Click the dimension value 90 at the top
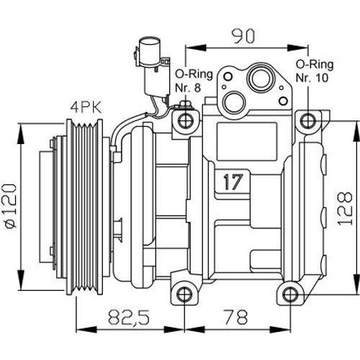[243, 37]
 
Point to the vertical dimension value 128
[346, 208]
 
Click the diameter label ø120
[11, 206]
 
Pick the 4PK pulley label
[86, 108]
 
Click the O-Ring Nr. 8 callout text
[194, 81]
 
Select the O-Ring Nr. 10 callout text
[315, 71]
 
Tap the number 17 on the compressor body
[233, 182]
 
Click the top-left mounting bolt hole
[186, 120]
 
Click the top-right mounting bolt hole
[308, 120]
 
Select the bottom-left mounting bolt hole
[185, 294]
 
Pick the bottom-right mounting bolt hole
[290, 294]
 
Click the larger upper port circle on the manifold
[261, 78]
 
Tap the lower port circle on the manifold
[234, 102]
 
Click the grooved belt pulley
[85, 207]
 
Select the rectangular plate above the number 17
[247, 142]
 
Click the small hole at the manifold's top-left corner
[228, 76]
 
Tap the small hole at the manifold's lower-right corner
[284, 101]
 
